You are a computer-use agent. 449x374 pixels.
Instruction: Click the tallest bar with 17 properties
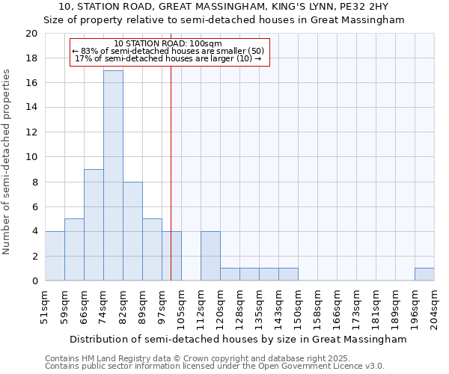pos(113,176)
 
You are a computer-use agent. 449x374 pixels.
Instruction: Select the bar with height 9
pos(94,225)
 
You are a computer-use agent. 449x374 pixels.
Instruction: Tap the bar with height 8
pos(132,231)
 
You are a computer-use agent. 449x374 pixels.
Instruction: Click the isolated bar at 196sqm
pos(424,275)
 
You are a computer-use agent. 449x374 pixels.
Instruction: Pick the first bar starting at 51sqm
pos(55,256)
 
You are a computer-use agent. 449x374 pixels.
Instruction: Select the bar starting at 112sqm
pos(210,256)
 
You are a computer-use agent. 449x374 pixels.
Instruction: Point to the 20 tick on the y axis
pos(31,34)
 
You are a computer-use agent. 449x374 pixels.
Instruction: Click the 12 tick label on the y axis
pos(31,132)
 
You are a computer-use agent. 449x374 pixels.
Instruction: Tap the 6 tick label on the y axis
pos(34,206)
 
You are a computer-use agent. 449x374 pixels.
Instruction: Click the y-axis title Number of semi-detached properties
pos(7,162)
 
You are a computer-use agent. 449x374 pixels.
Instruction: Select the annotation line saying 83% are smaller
pos(168,51)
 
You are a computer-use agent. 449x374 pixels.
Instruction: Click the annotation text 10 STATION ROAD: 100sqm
pos(168,43)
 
